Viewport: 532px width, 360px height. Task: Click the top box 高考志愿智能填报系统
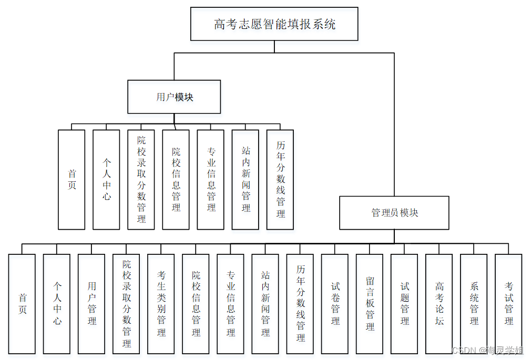pyautogui.click(x=274, y=24)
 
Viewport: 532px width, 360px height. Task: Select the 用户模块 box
pyautogui.click(x=174, y=97)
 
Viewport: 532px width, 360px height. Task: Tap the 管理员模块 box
pyautogui.click(x=394, y=213)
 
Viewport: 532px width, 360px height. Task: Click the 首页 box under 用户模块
pyautogui.click(x=71, y=180)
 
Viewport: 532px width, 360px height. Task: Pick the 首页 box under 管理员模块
pyautogui.click(x=22, y=304)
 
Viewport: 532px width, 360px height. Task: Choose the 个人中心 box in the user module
pyautogui.click(x=106, y=180)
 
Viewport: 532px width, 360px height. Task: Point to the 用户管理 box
pyautogui.click(x=91, y=304)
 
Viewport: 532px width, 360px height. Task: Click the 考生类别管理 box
pyautogui.click(x=161, y=304)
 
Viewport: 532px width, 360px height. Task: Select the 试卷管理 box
pyautogui.click(x=335, y=304)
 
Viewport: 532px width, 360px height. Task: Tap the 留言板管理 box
pyautogui.click(x=370, y=304)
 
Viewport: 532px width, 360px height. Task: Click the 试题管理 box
pyautogui.click(x=404, y=304)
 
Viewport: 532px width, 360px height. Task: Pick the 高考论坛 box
pyautogui.click(x=439, y=304)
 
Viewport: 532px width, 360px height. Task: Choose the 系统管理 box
pyautogui.click(x=474, y=304)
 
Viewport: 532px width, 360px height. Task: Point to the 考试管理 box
pyautogui.click(x=508, y=304)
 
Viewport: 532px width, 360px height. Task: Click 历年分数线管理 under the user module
pyautogui.click(x=280, y=180)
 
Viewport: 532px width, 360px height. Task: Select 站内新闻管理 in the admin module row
pyautogui.click(x=265, y=304)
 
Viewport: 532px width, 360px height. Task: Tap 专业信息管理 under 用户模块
pyautogui.click(x=211, y=180)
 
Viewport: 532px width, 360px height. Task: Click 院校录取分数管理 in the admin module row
pyautogui.click(x=126, y=304)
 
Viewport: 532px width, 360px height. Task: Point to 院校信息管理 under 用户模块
pyautogui.click(x=176, y=180)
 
